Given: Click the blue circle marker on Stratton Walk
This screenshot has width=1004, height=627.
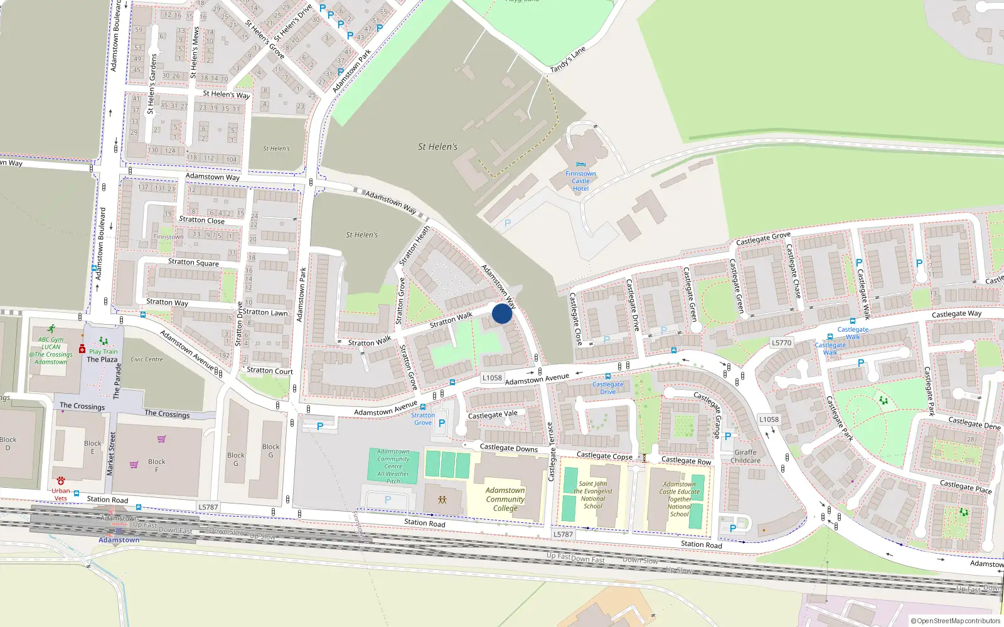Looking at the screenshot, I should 502,313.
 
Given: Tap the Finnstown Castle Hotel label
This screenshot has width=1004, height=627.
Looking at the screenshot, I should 580,181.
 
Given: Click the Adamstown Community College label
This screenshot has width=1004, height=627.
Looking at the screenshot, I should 505,499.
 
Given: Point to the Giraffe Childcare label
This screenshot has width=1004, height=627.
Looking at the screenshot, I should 745,456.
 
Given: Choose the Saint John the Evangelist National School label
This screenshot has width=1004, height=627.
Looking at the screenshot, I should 592,495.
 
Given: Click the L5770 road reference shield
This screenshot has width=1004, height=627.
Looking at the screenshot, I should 781,343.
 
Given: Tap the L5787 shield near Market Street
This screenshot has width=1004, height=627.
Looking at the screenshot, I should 208,507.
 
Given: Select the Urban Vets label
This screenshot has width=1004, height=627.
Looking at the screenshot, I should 61,495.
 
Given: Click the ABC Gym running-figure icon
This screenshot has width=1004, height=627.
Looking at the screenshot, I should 51,329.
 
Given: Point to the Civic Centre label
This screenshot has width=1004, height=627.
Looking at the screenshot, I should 147,359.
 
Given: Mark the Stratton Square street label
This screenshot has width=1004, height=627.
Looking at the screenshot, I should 193,262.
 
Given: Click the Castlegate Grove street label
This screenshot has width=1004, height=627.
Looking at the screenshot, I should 763,238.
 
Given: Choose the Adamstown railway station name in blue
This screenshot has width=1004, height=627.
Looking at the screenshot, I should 119,540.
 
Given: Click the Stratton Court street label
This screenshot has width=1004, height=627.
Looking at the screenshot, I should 270,371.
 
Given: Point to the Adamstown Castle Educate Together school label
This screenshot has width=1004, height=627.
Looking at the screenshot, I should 679,499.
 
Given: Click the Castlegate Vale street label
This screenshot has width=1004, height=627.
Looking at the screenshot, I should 493,414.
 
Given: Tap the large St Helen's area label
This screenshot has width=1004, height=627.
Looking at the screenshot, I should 437,147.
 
